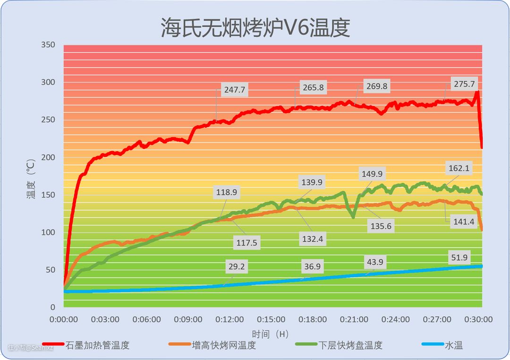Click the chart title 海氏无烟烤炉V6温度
tap(255, 27)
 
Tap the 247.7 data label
tap(234, 90)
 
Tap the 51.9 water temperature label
tap(459, 257)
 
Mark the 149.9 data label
tap(372, 173)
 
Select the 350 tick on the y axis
tap(48, 45)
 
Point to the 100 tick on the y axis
tap(48, 232)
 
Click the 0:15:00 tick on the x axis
tap(271, 320)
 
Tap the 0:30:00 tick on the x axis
tap(478, 320)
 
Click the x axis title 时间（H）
tap(270, 334)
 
